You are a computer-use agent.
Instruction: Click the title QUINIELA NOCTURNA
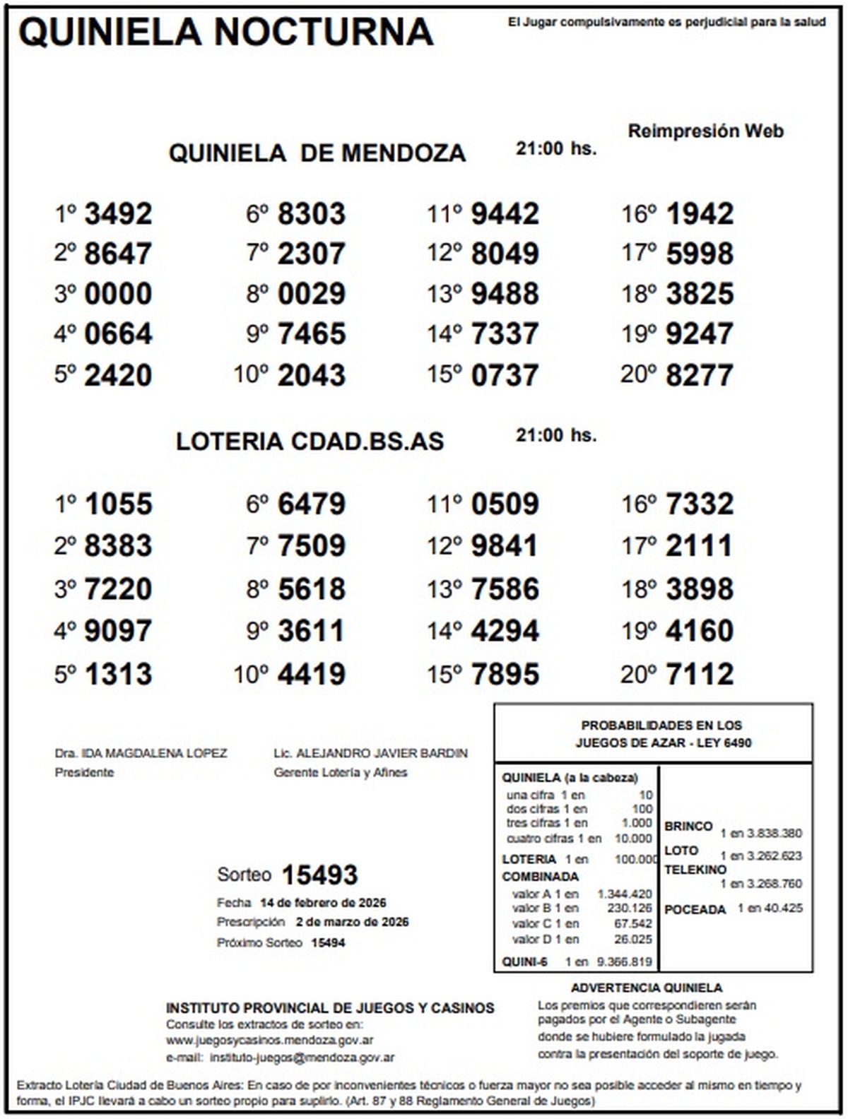coord(226,32)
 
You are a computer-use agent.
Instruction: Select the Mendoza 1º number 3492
coord(118,213)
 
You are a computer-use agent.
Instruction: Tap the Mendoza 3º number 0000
coord(118,294)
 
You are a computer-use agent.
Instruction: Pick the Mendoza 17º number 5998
coord(700,254)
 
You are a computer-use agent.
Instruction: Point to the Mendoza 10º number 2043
coord(312,374)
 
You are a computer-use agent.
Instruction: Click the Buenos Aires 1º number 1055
coord(118,504)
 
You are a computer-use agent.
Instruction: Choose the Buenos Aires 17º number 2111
coord(700,545)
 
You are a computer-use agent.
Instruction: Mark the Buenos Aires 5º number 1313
coord(118,674)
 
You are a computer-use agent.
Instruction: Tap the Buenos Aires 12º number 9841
coord(505,545)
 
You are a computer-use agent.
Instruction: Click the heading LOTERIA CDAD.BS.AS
coord(310,442)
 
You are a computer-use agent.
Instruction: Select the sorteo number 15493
coord(319,875)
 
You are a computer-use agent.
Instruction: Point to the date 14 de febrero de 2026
coord(323,903)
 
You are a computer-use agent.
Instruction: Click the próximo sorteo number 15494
coord(328,942)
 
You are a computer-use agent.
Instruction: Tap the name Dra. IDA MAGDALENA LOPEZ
coord(141,754)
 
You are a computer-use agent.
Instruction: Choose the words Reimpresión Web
coord(705,131)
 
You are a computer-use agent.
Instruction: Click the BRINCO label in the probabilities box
coord(688,827)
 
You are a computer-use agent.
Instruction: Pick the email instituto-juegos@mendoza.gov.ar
coord(302,1058)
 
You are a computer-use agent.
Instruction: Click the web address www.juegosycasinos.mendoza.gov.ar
coord(269,1040)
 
